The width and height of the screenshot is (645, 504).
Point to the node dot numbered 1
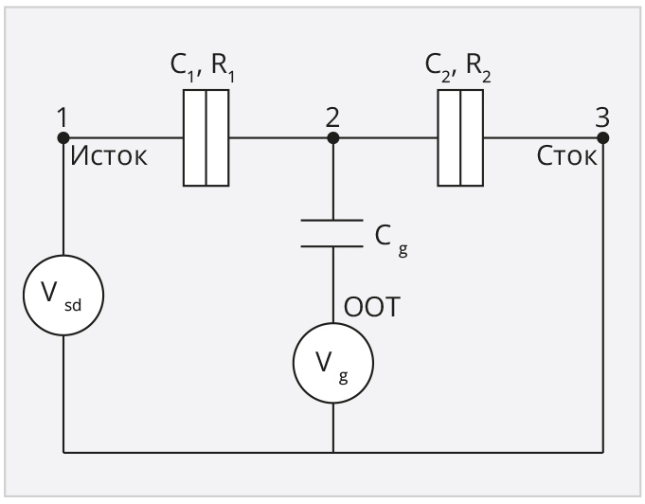point(63,137)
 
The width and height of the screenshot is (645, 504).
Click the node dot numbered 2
point(333,137)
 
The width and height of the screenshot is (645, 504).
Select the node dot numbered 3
point(603,137)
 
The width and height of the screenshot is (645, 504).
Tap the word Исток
point(109,156)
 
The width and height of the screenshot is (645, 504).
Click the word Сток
point(566,156)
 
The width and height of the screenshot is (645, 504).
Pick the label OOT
point(372,307)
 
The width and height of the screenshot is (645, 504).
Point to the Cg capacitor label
point(391,241)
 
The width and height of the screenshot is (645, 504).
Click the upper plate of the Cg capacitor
point(331,221)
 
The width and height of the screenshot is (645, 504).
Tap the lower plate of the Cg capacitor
point(331,246)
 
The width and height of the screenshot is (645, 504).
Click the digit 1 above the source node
point(63,117)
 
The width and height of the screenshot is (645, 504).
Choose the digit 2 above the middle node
point(332,117)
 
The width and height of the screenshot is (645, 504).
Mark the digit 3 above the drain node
point(602,117)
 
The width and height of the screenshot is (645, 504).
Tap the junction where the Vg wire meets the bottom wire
point(333,453)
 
